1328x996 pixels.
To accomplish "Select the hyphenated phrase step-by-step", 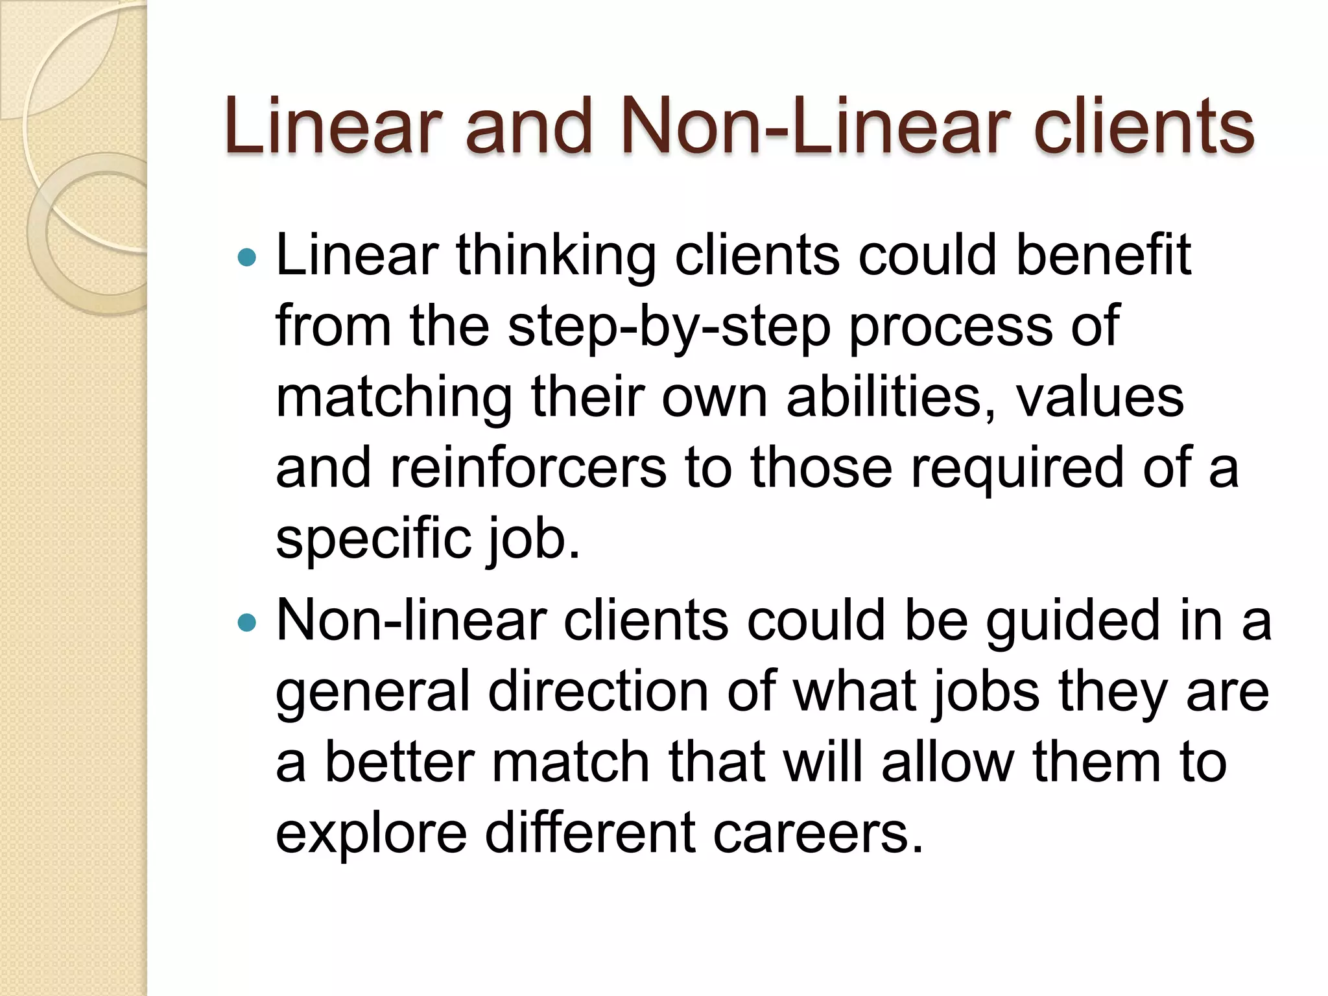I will click(x=669, y=327).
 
